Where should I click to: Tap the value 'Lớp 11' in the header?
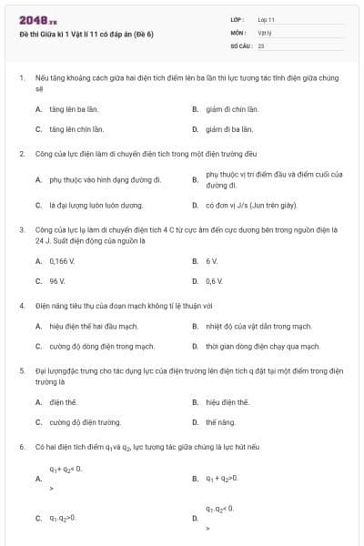click(x=266, y=19)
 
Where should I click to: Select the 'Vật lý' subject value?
click(x=264, y=32)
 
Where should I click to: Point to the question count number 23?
click(x=261, y=45)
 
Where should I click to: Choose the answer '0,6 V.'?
click(x=215, y=281)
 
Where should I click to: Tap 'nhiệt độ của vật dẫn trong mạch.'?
click(x=252, y=326)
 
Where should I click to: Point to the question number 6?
click(x=21, y=447)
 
